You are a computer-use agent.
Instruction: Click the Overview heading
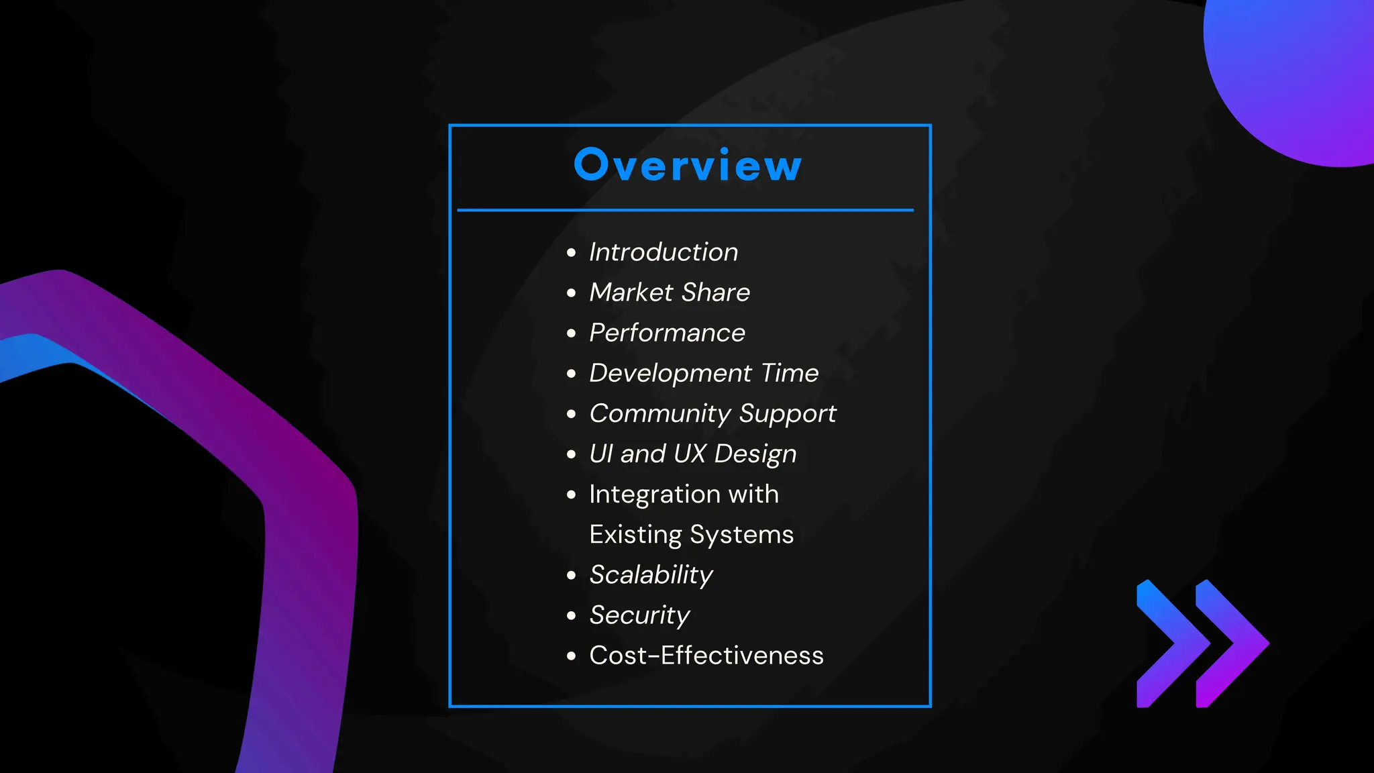(688, 165)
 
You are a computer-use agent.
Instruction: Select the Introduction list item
(664, 252)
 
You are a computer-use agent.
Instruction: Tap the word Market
(631, 293)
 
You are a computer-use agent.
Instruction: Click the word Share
(716, 293)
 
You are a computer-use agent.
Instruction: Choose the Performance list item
(667, 333)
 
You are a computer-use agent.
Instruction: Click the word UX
(690, 454)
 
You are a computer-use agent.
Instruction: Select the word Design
(755, 454)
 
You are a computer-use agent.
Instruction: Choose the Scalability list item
(651, 575)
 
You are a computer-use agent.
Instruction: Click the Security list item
(639, 615)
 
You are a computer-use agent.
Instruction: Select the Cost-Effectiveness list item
(706, 656)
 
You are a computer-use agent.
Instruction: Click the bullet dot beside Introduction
(571, 253)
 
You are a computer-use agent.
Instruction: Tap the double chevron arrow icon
(1202, 643)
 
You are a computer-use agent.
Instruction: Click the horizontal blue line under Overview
(685, 210)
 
